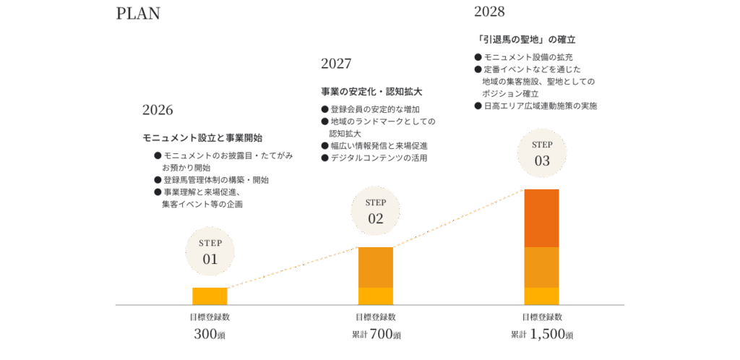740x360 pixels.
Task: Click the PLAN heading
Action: point(137,14)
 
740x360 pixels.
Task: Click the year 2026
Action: point(158,110)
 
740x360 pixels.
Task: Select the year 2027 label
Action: point(336,64)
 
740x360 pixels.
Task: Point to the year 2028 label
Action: point(489,12)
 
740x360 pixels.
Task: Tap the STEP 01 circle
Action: point(210,252)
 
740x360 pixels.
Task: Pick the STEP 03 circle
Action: point(542,153)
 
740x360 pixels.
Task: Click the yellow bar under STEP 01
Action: point(210,296)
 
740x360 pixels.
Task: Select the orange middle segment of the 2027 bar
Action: point(376,267)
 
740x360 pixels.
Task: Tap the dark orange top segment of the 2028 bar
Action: point(541,218)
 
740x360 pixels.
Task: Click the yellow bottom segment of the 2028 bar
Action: point(541,296)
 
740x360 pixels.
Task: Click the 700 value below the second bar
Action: point(382,334)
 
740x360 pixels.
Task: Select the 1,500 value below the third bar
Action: point(548,334)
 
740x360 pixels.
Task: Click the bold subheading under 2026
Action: point(202,137)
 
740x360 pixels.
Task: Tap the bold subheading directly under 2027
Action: point(371,92)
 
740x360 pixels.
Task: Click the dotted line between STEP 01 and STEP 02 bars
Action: point(293,267)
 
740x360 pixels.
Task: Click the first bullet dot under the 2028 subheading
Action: point(478,57)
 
